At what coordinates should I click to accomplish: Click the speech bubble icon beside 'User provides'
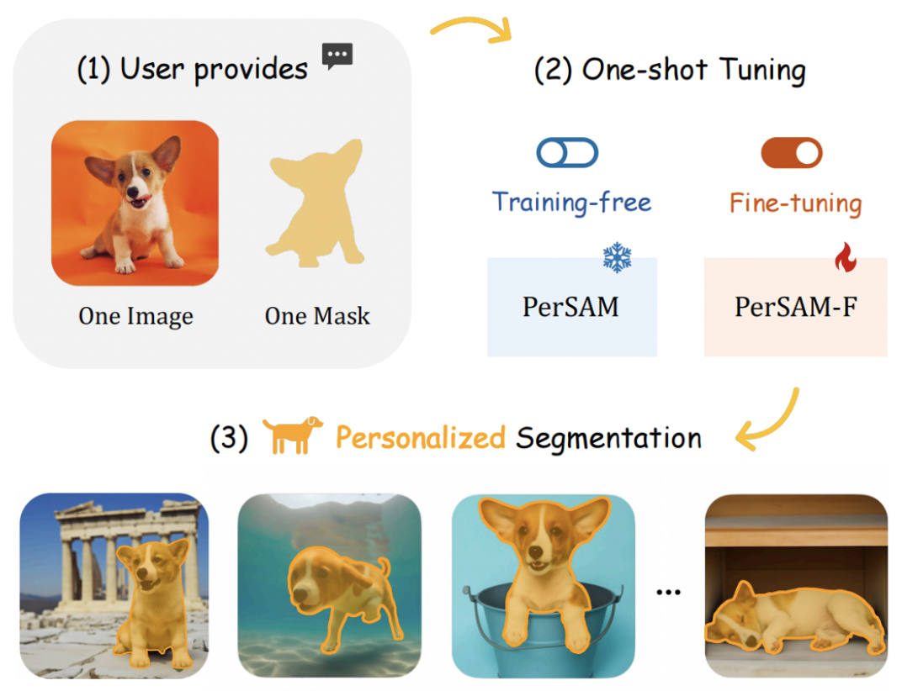tap(337, 56)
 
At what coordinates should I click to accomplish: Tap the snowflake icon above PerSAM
tap(617, 258)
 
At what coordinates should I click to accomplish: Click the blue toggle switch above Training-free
tap(567, 153)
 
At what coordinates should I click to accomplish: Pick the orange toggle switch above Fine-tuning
tap(791, 153)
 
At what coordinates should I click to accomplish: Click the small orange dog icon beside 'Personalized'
tap(292, 435)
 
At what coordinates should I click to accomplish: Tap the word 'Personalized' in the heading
tap(420, 438)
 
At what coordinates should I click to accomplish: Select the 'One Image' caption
tap(135, 316)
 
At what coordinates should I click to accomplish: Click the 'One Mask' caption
tap(317, 316)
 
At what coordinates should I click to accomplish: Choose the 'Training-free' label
tap(571, 202)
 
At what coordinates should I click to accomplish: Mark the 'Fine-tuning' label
tap(795, 203)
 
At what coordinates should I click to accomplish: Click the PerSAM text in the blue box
tap(570, 306)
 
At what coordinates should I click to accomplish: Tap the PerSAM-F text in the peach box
tap(794, 306)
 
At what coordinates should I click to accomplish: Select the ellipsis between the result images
tap(668, 592)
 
